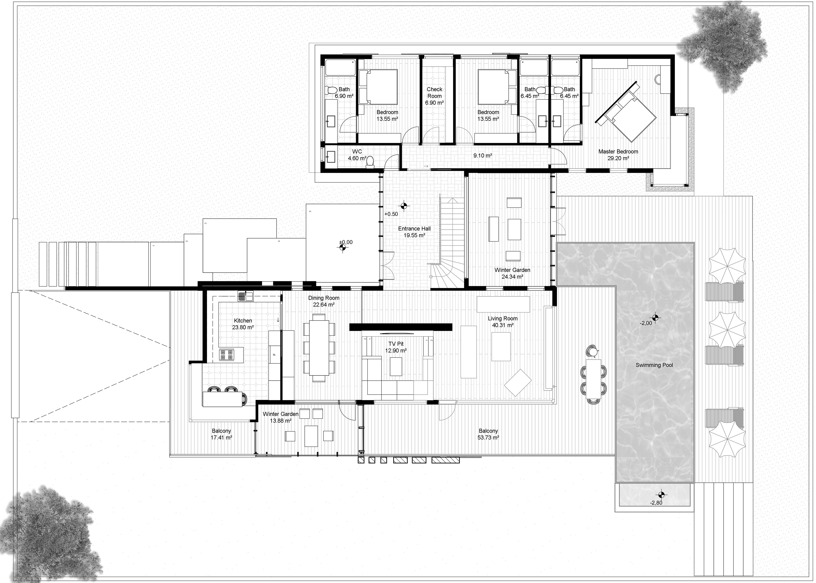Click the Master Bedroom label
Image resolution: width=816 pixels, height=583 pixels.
coord(618,155)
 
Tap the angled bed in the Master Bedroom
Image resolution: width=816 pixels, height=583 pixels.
coord(627,113)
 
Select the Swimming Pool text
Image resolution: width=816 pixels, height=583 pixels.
coord(654,365)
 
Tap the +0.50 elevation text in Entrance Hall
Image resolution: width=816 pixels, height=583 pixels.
coord(391,214)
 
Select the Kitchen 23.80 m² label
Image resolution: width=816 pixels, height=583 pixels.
coord(243,324)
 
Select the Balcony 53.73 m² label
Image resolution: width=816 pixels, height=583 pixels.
coord(488,434)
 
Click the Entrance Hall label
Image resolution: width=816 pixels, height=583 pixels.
coord(414,232)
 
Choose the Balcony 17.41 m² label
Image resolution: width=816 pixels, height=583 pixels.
coord(221,434)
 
